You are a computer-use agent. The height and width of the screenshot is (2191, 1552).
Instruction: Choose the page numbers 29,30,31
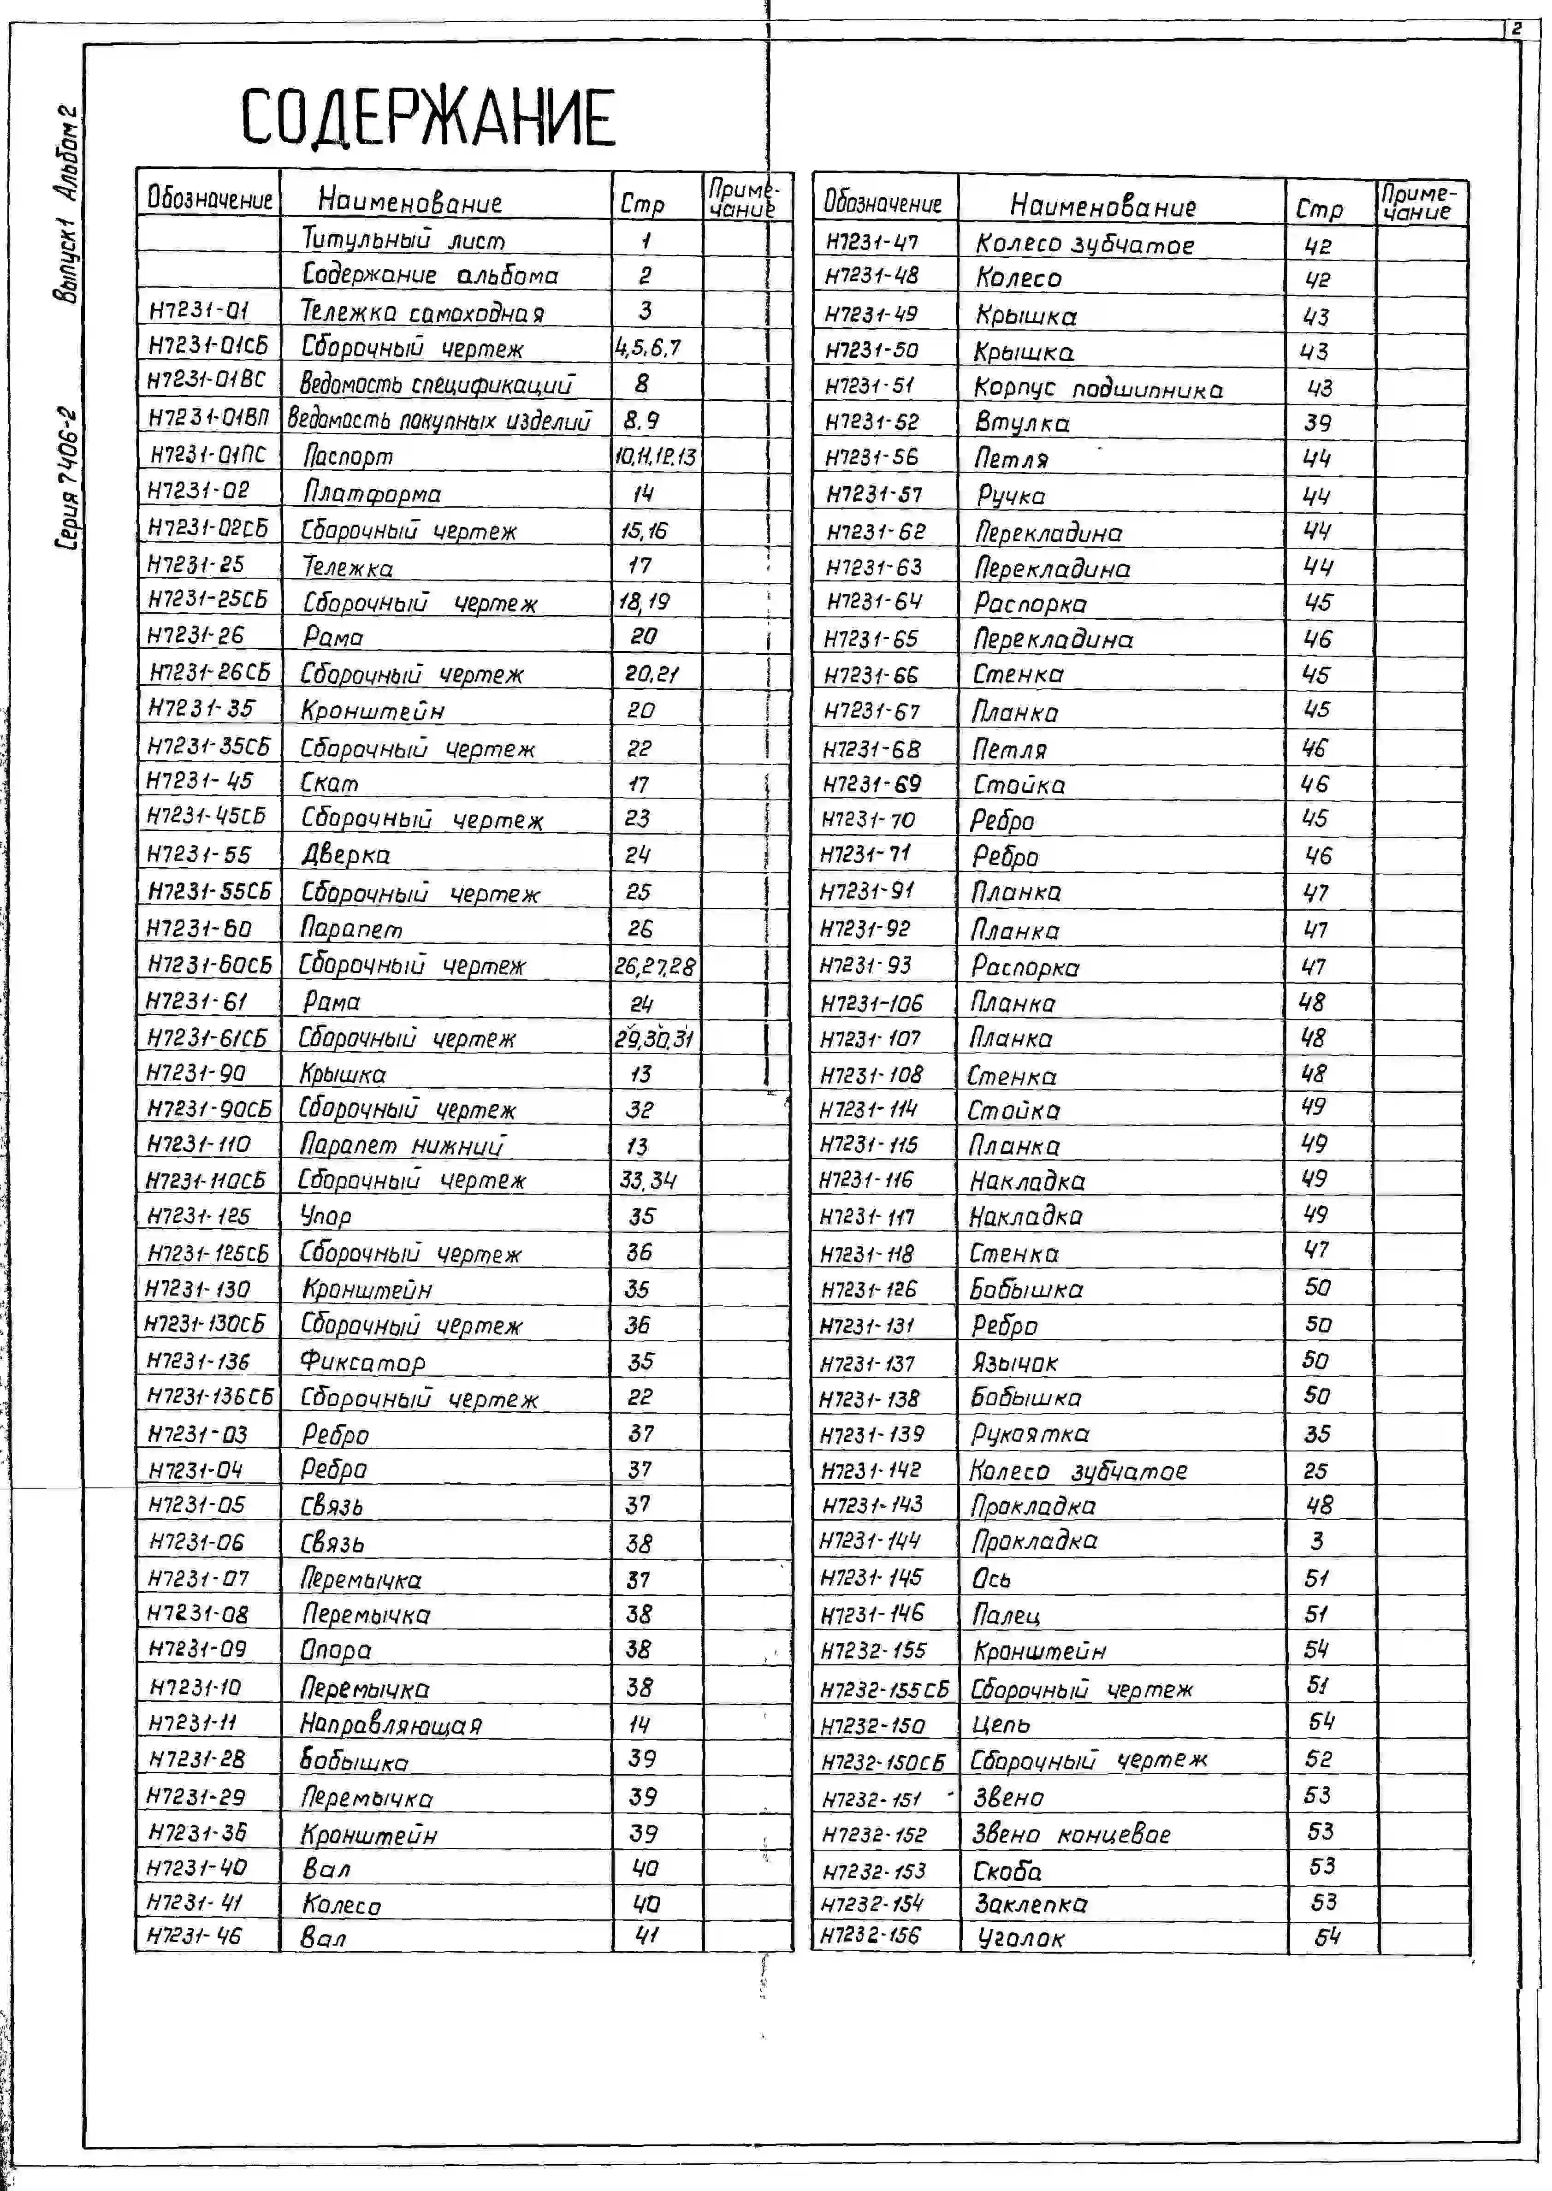point(655,1038)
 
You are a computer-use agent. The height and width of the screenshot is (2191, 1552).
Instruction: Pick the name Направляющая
point(391,1724)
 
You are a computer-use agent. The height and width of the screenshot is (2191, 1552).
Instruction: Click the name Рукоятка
point(1029,1433)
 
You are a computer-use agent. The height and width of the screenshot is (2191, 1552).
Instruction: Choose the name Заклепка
point(1030,1902)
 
